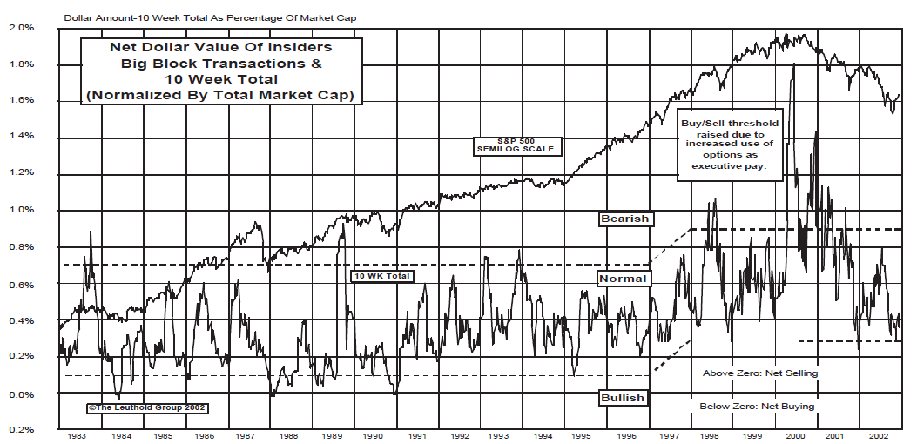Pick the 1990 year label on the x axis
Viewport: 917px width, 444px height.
[x=374, y=434]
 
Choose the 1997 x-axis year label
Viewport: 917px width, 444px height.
[x=669, y=434]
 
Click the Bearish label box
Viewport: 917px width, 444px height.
[x=625, y=219]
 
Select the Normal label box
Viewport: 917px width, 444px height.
[x=623, y=279]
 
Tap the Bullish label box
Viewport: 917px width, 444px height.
[x=623, y=398]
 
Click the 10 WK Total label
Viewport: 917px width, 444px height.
[x=381, y=276]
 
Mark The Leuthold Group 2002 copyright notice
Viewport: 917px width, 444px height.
[x=146, y=407]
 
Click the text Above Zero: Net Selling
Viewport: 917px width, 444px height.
[x=760, y=373]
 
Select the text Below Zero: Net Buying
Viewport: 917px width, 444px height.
[x=758, y=407]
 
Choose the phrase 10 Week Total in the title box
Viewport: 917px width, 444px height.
[x=219, y=80]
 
